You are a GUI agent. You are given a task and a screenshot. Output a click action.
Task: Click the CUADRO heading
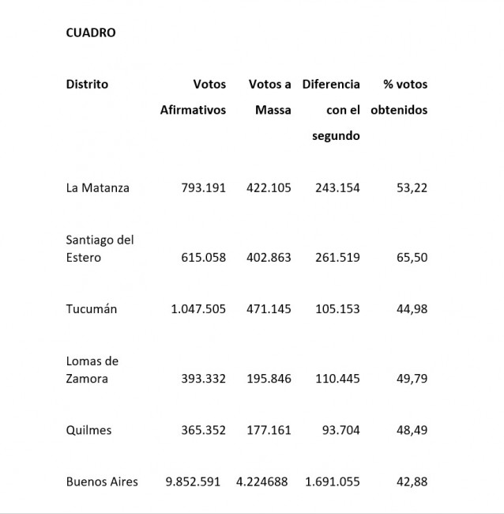coord(91,32)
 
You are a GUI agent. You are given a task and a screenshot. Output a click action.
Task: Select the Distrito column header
coord(87,84)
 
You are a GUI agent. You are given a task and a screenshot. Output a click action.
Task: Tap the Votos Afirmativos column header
coord(193,96)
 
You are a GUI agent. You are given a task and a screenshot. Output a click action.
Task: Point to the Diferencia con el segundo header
coord(332,109)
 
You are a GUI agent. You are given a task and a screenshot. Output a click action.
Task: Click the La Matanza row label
coord(97,187)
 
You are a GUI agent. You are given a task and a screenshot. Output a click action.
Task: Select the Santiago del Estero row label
coord(100,248)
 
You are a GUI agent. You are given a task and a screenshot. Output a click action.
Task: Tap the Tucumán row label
coord(91,308)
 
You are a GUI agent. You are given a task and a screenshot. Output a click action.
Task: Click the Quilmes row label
coord(88,430)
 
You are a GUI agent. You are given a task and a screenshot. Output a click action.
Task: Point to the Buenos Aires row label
coord(102,482)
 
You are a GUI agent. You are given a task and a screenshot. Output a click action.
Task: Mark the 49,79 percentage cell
coord(412,379)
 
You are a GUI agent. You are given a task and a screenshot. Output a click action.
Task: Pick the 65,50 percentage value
coord(412,257)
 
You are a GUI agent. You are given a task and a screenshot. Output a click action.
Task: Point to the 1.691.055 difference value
coord(332,482)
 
